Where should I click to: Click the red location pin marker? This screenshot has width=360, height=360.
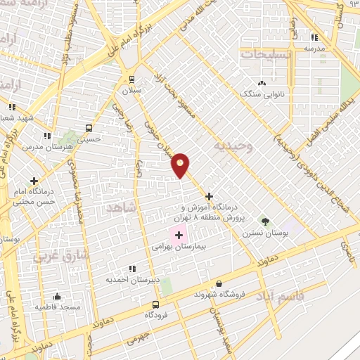[x=181, y=165]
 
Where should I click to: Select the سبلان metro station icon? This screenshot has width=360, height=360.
[x=131, y=79]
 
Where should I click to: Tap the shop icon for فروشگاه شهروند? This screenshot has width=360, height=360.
[x=218, y=283]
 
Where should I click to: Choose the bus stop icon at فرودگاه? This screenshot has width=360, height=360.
[x=156, y=304]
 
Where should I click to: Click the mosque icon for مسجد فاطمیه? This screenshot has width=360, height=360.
[x=57, y=297]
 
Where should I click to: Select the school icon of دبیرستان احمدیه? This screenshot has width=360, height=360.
[x=132, y=269]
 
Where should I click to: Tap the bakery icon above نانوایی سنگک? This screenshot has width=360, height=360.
[x=262, y=82]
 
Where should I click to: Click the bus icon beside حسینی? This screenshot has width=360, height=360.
[x=89, y=128]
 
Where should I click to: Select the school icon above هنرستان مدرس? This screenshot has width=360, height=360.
[x=47, y=136]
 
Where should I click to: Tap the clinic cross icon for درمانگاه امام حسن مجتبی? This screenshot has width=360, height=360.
[x=34, y=181]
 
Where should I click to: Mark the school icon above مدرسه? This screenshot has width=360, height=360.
[x=314, y=37]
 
